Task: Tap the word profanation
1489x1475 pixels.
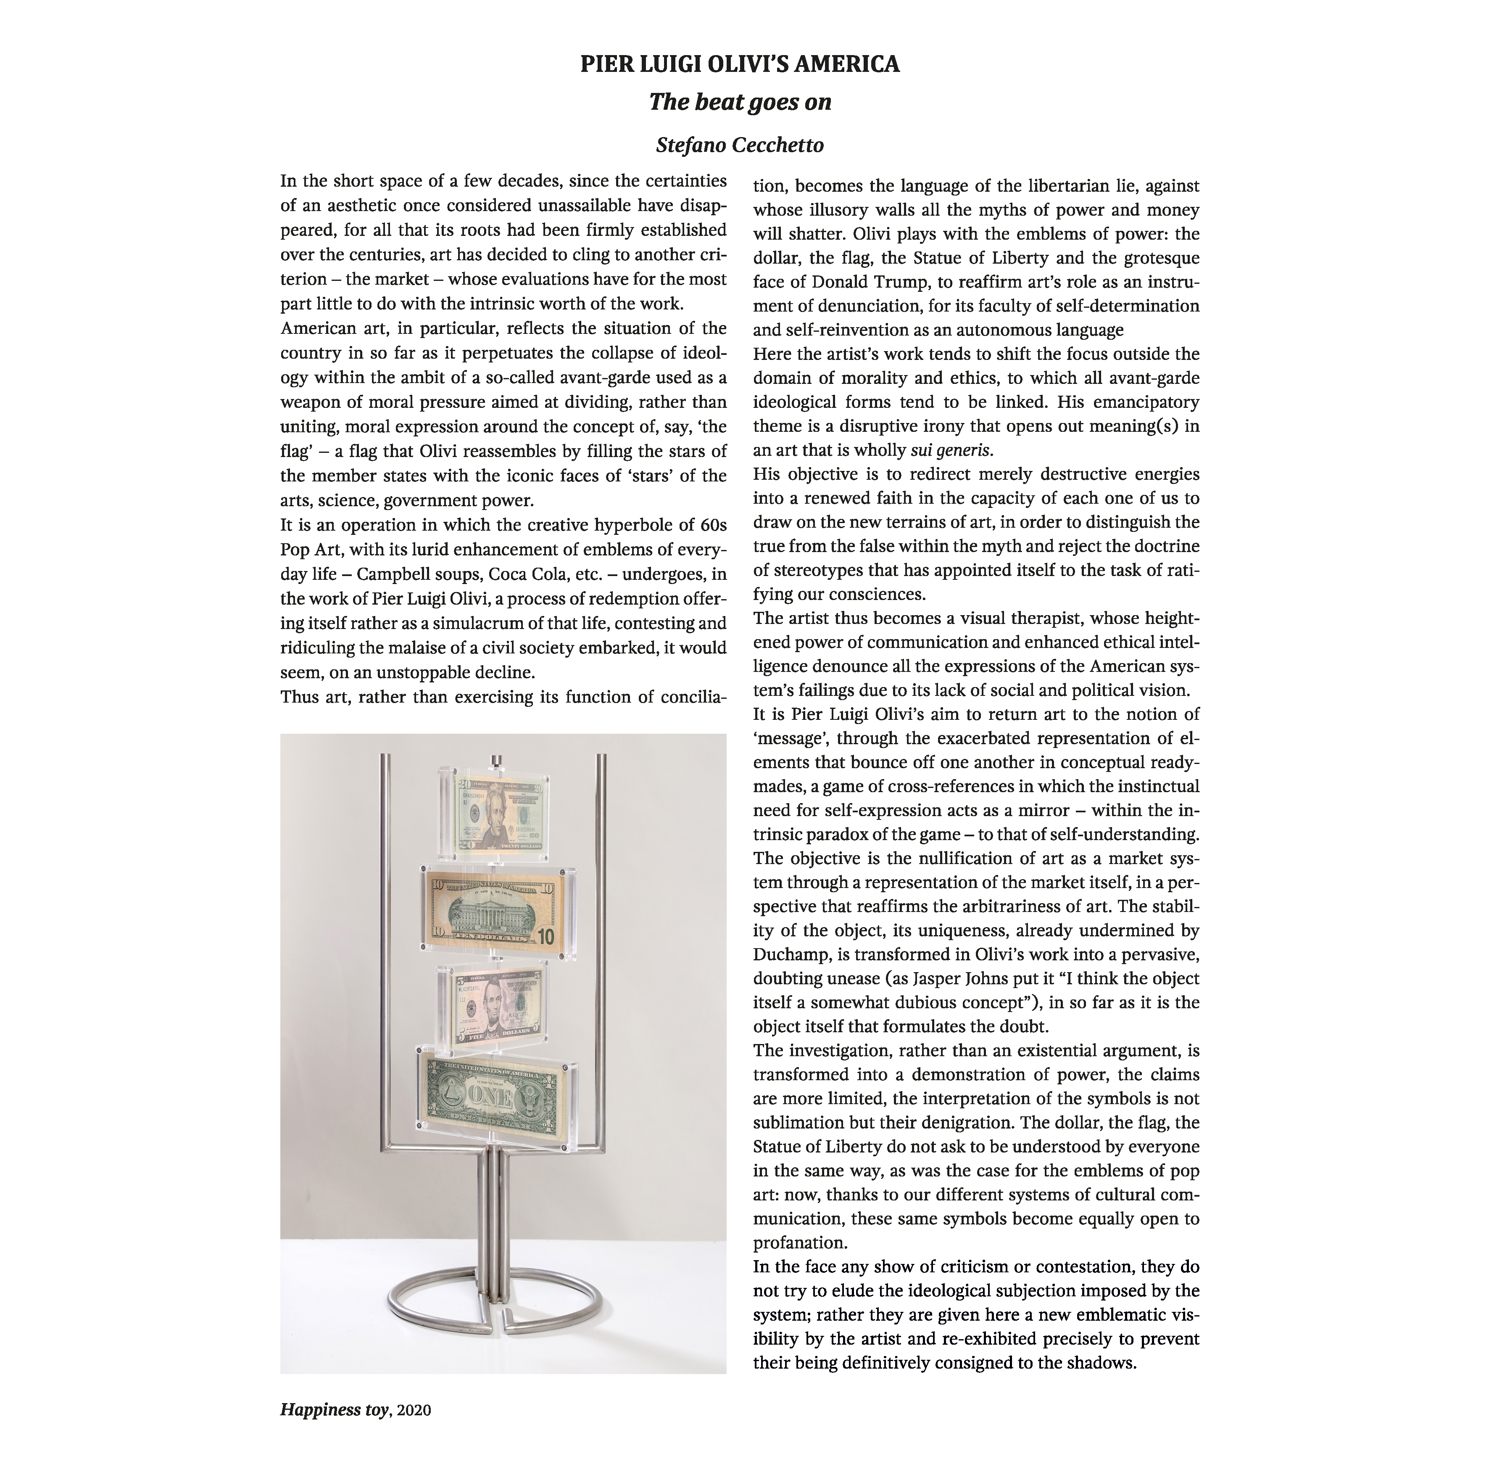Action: tap(799, 1242)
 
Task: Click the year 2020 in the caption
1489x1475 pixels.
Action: tap(415, 1432)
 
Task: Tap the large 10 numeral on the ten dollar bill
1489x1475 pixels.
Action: tap(545, 938)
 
